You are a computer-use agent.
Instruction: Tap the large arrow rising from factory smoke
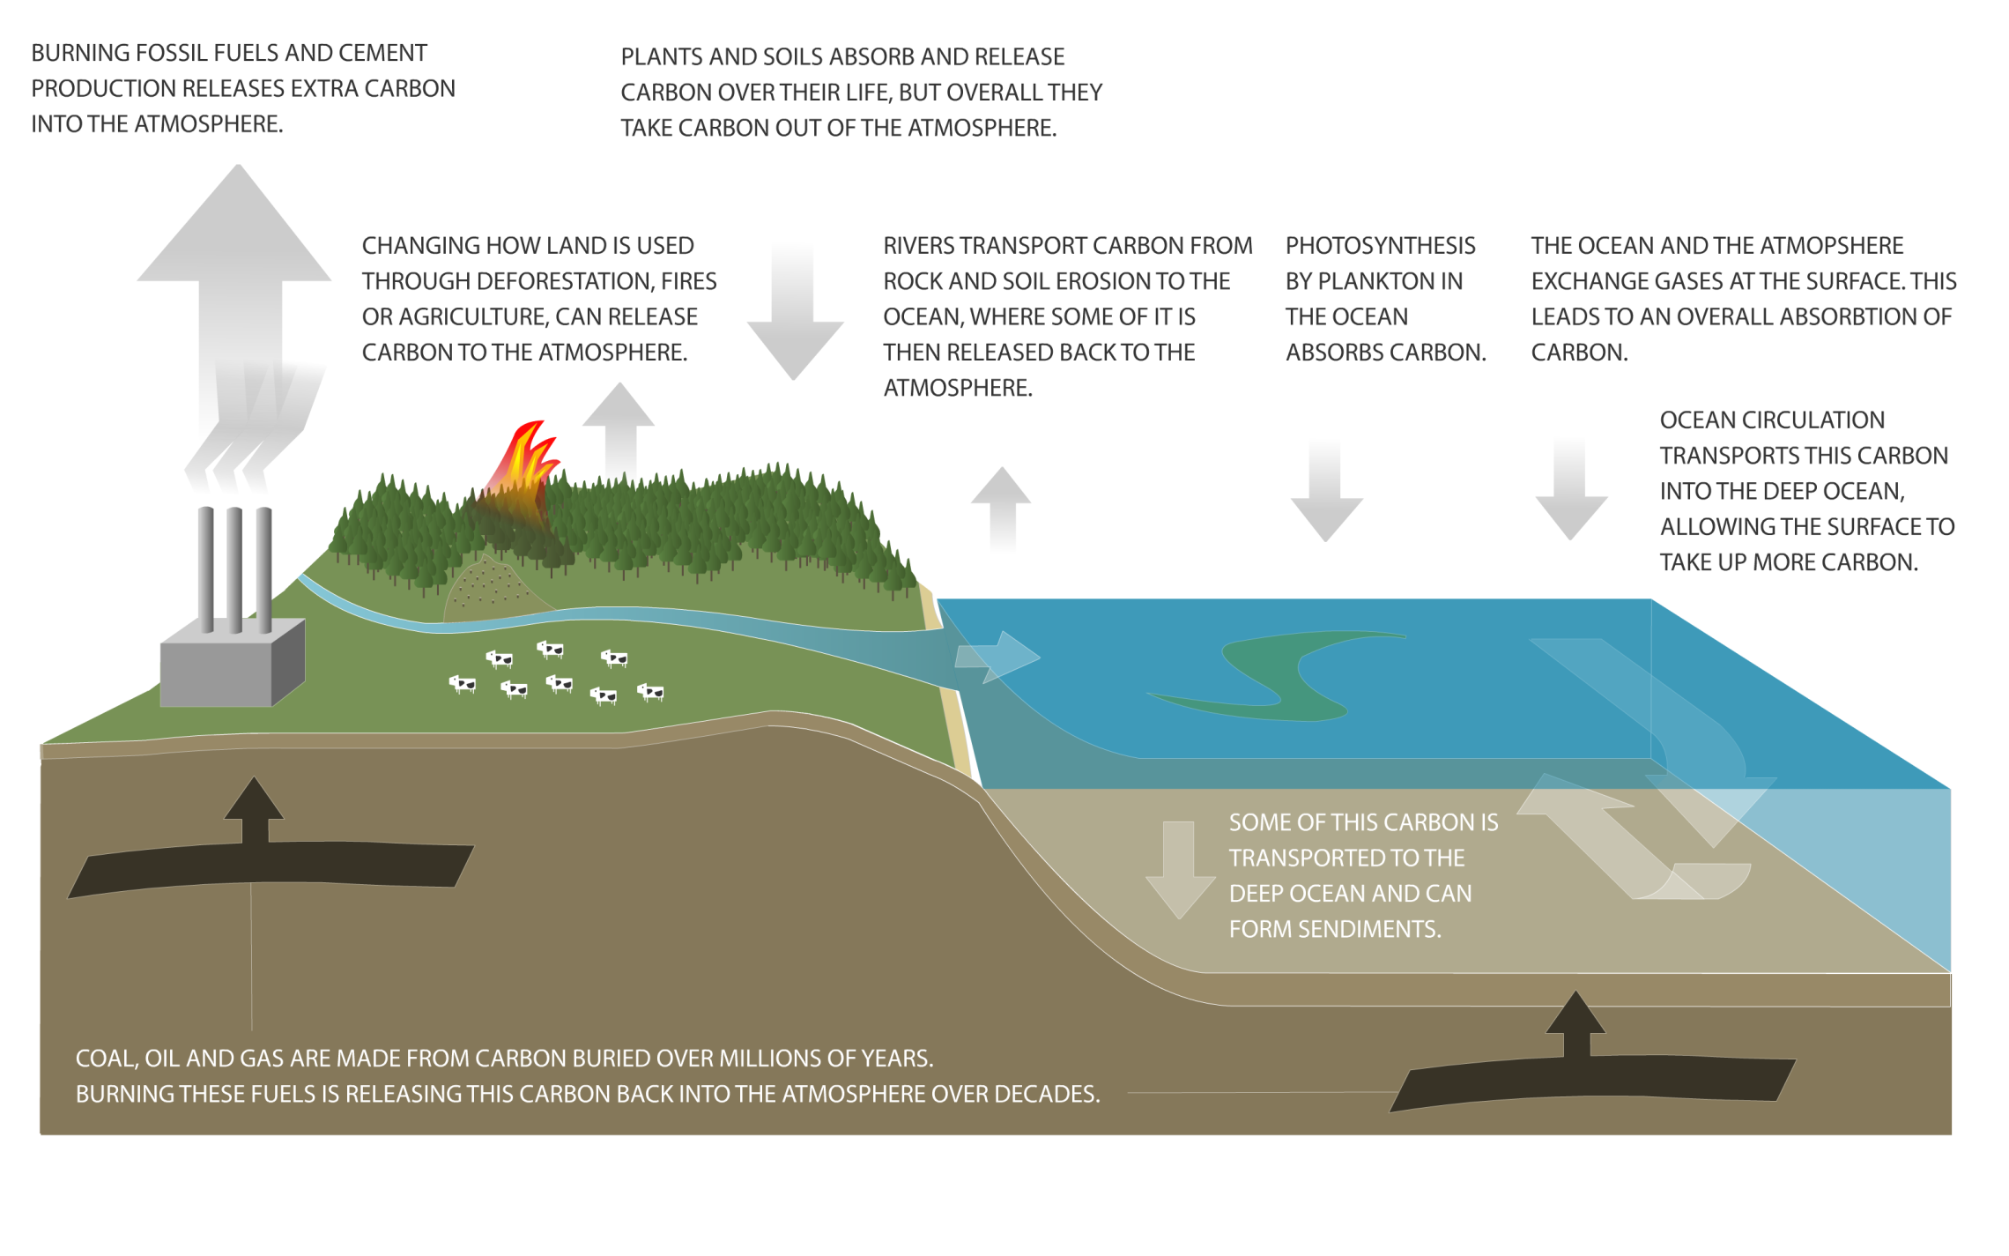[237, 264]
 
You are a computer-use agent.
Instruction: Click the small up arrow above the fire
[619, 423]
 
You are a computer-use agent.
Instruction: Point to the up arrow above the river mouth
[1001, 507]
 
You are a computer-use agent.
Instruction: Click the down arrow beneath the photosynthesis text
[1326, 494]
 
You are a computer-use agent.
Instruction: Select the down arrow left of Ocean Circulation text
[1571, 494]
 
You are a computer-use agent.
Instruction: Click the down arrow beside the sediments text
[1180, 868]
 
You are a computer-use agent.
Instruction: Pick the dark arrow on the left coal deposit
[254, 811]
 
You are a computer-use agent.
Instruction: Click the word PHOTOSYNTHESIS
[1380, 246]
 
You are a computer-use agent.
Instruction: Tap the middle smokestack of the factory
[234, 569]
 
